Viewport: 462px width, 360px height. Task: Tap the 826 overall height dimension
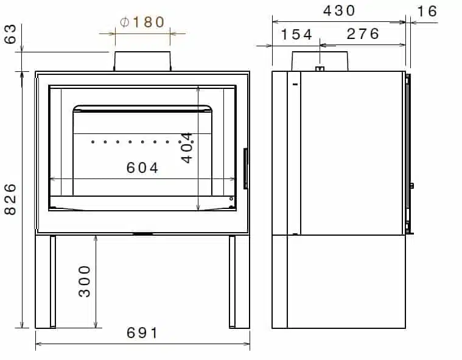10,199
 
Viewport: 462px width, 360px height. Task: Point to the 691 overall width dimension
142,333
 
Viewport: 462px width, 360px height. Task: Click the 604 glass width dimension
142,168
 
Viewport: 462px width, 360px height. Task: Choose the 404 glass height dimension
187,147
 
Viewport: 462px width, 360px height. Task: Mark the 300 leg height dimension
85,281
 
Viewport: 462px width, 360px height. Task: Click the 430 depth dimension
339,10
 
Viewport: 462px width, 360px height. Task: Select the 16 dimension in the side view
428,11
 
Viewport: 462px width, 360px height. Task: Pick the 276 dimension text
363,34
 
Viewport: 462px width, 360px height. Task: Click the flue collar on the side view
320,61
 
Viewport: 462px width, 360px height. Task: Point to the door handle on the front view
245,168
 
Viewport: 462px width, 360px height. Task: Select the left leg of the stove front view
53,282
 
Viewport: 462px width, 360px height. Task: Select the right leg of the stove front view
232,282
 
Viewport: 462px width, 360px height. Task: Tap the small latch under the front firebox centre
142,233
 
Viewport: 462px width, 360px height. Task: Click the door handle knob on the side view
412,185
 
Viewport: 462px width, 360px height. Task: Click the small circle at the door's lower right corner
231,199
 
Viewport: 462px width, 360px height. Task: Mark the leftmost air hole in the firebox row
93,143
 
